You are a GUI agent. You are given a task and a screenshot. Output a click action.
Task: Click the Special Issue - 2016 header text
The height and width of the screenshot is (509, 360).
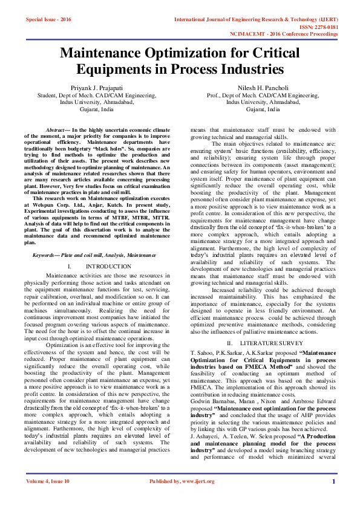(48, 19)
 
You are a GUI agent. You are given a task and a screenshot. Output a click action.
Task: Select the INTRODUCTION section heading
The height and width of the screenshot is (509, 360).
(108, 267)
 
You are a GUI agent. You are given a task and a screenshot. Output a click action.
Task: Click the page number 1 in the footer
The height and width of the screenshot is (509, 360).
(333, 498)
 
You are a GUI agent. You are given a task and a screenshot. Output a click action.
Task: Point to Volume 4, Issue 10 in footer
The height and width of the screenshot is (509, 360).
(48, 498)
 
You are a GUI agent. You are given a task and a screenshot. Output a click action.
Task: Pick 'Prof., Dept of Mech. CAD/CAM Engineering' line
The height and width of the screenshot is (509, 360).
(263, 96)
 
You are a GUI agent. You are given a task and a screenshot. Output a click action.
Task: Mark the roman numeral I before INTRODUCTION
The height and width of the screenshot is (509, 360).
(70, 267)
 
